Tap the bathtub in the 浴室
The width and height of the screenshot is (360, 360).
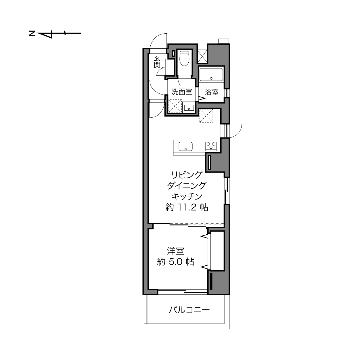211,75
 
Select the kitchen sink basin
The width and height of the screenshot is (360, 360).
185,146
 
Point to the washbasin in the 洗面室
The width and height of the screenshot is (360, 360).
189,108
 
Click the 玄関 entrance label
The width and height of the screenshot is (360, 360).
157,62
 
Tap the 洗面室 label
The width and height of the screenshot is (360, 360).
182,92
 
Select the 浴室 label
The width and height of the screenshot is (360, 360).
212,92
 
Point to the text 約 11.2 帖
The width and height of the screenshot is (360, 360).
187,207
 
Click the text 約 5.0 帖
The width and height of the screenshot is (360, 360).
176,262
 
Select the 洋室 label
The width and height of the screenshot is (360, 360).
176,251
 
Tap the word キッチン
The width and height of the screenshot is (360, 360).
187,196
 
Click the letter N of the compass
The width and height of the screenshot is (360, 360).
32,34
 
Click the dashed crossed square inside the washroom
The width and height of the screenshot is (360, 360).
175,106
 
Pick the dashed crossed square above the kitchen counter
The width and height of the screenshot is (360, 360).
206,116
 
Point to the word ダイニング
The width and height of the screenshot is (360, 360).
187,185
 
